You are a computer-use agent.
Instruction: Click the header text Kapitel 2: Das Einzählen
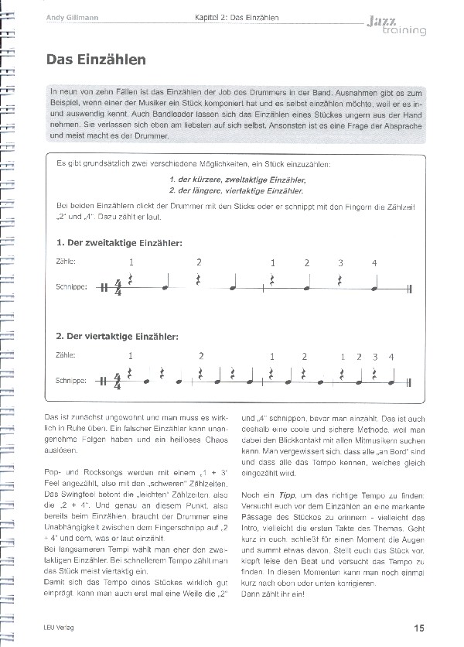(237, 17)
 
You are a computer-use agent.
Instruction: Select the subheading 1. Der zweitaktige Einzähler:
(119, 243)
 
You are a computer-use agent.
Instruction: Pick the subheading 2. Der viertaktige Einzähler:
(117, 337)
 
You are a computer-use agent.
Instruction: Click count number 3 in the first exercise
(340, 263)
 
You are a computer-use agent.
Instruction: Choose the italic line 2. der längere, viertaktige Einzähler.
(236, 190)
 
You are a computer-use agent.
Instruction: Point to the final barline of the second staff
(407, 382)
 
